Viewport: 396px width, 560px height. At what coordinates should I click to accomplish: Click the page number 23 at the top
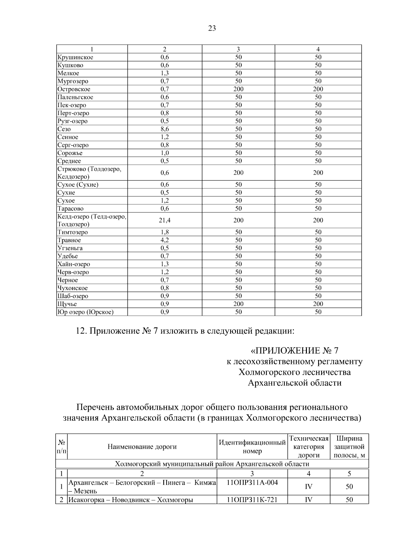click(x=212, y=28)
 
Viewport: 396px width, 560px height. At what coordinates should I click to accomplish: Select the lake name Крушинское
click(x=75, y=57)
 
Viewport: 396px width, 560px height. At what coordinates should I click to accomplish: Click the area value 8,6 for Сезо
click(x=165, y=129)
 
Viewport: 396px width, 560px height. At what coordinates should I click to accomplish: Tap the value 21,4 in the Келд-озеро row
click(x=165, y=220)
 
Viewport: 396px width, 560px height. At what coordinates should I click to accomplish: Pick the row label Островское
click(x=74, y=89)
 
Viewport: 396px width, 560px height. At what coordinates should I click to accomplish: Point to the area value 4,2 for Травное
click(x=165, y=240)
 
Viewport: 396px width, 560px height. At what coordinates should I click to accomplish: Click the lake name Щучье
click(x=67, y=304)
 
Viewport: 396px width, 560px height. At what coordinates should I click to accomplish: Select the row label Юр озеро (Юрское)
click(x=85, y=312)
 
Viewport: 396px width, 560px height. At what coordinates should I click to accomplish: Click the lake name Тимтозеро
click(x=73, y=232)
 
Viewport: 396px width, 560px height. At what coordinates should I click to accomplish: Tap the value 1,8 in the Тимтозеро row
click(x=165, y=232)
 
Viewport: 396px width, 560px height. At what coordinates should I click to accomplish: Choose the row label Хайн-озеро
click(x=74, y=264)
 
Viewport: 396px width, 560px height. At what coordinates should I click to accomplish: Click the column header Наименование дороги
click(x=142, y=447)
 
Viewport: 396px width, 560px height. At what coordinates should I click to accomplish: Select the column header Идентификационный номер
click(x=252, y=447)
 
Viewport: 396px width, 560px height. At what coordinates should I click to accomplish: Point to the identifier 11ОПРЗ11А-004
click(x=252, y=483)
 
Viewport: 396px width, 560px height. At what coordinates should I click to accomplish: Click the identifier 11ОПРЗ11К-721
click(x=252, y=500)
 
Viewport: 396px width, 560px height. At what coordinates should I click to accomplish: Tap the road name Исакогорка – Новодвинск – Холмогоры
click(x=130, y=500)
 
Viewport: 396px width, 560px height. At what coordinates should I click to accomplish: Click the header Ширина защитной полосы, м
click(x=349, y=447)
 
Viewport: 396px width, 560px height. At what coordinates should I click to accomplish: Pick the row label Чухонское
click(x=73, y=288)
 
